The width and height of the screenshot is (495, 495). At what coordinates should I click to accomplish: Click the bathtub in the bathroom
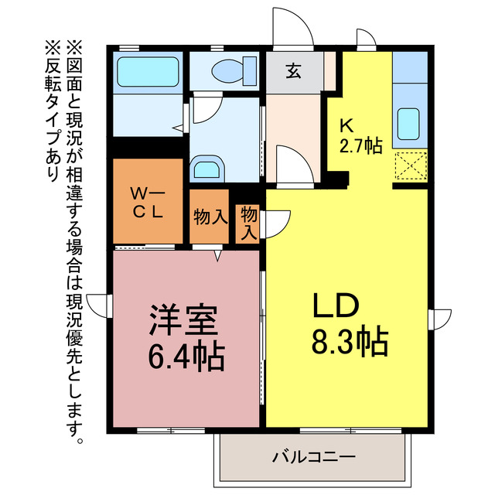point(148,73)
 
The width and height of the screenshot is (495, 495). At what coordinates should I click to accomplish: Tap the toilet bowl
point(230,71)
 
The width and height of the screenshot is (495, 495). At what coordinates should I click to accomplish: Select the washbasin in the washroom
point(207,168)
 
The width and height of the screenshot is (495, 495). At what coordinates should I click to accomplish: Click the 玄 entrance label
point(294,72)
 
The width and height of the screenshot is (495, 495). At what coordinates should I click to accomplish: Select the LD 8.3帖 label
point(349,325)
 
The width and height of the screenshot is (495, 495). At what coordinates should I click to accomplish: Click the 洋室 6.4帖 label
point(186,337)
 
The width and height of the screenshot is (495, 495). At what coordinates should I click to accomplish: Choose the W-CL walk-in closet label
point(146,203)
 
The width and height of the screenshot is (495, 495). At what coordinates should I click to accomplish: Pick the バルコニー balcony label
point(312,456)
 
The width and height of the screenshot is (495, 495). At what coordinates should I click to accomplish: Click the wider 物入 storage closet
point(210,217)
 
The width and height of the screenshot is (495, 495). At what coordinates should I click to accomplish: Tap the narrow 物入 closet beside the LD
point(248,222)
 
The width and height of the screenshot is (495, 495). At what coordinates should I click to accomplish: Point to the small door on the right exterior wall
point(441,318)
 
